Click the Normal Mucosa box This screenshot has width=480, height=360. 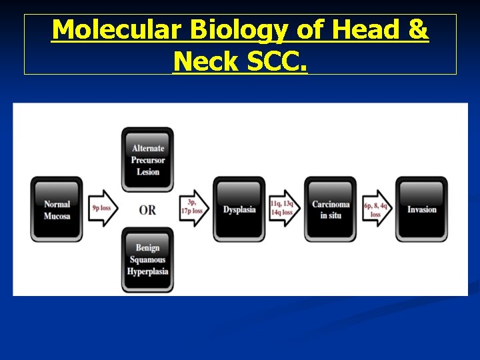[57, 209]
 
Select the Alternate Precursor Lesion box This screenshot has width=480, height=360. [147, 160]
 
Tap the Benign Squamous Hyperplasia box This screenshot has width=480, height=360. [147, 259]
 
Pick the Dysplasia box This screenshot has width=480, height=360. [239, 209]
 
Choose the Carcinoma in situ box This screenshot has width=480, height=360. [330, 209]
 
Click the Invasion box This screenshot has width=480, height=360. [421, 209]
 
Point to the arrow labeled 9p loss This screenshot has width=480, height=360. [103, 209]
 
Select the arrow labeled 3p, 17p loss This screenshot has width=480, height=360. [193, 209]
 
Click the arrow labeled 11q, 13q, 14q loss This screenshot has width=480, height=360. [284, 209]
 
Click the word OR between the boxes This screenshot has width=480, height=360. [147, 210]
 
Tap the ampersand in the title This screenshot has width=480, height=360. [418, 30]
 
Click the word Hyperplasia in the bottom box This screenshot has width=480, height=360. [147, 271]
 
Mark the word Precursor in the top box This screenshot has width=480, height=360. [147, 160]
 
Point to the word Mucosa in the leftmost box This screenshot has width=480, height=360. [57, 216]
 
